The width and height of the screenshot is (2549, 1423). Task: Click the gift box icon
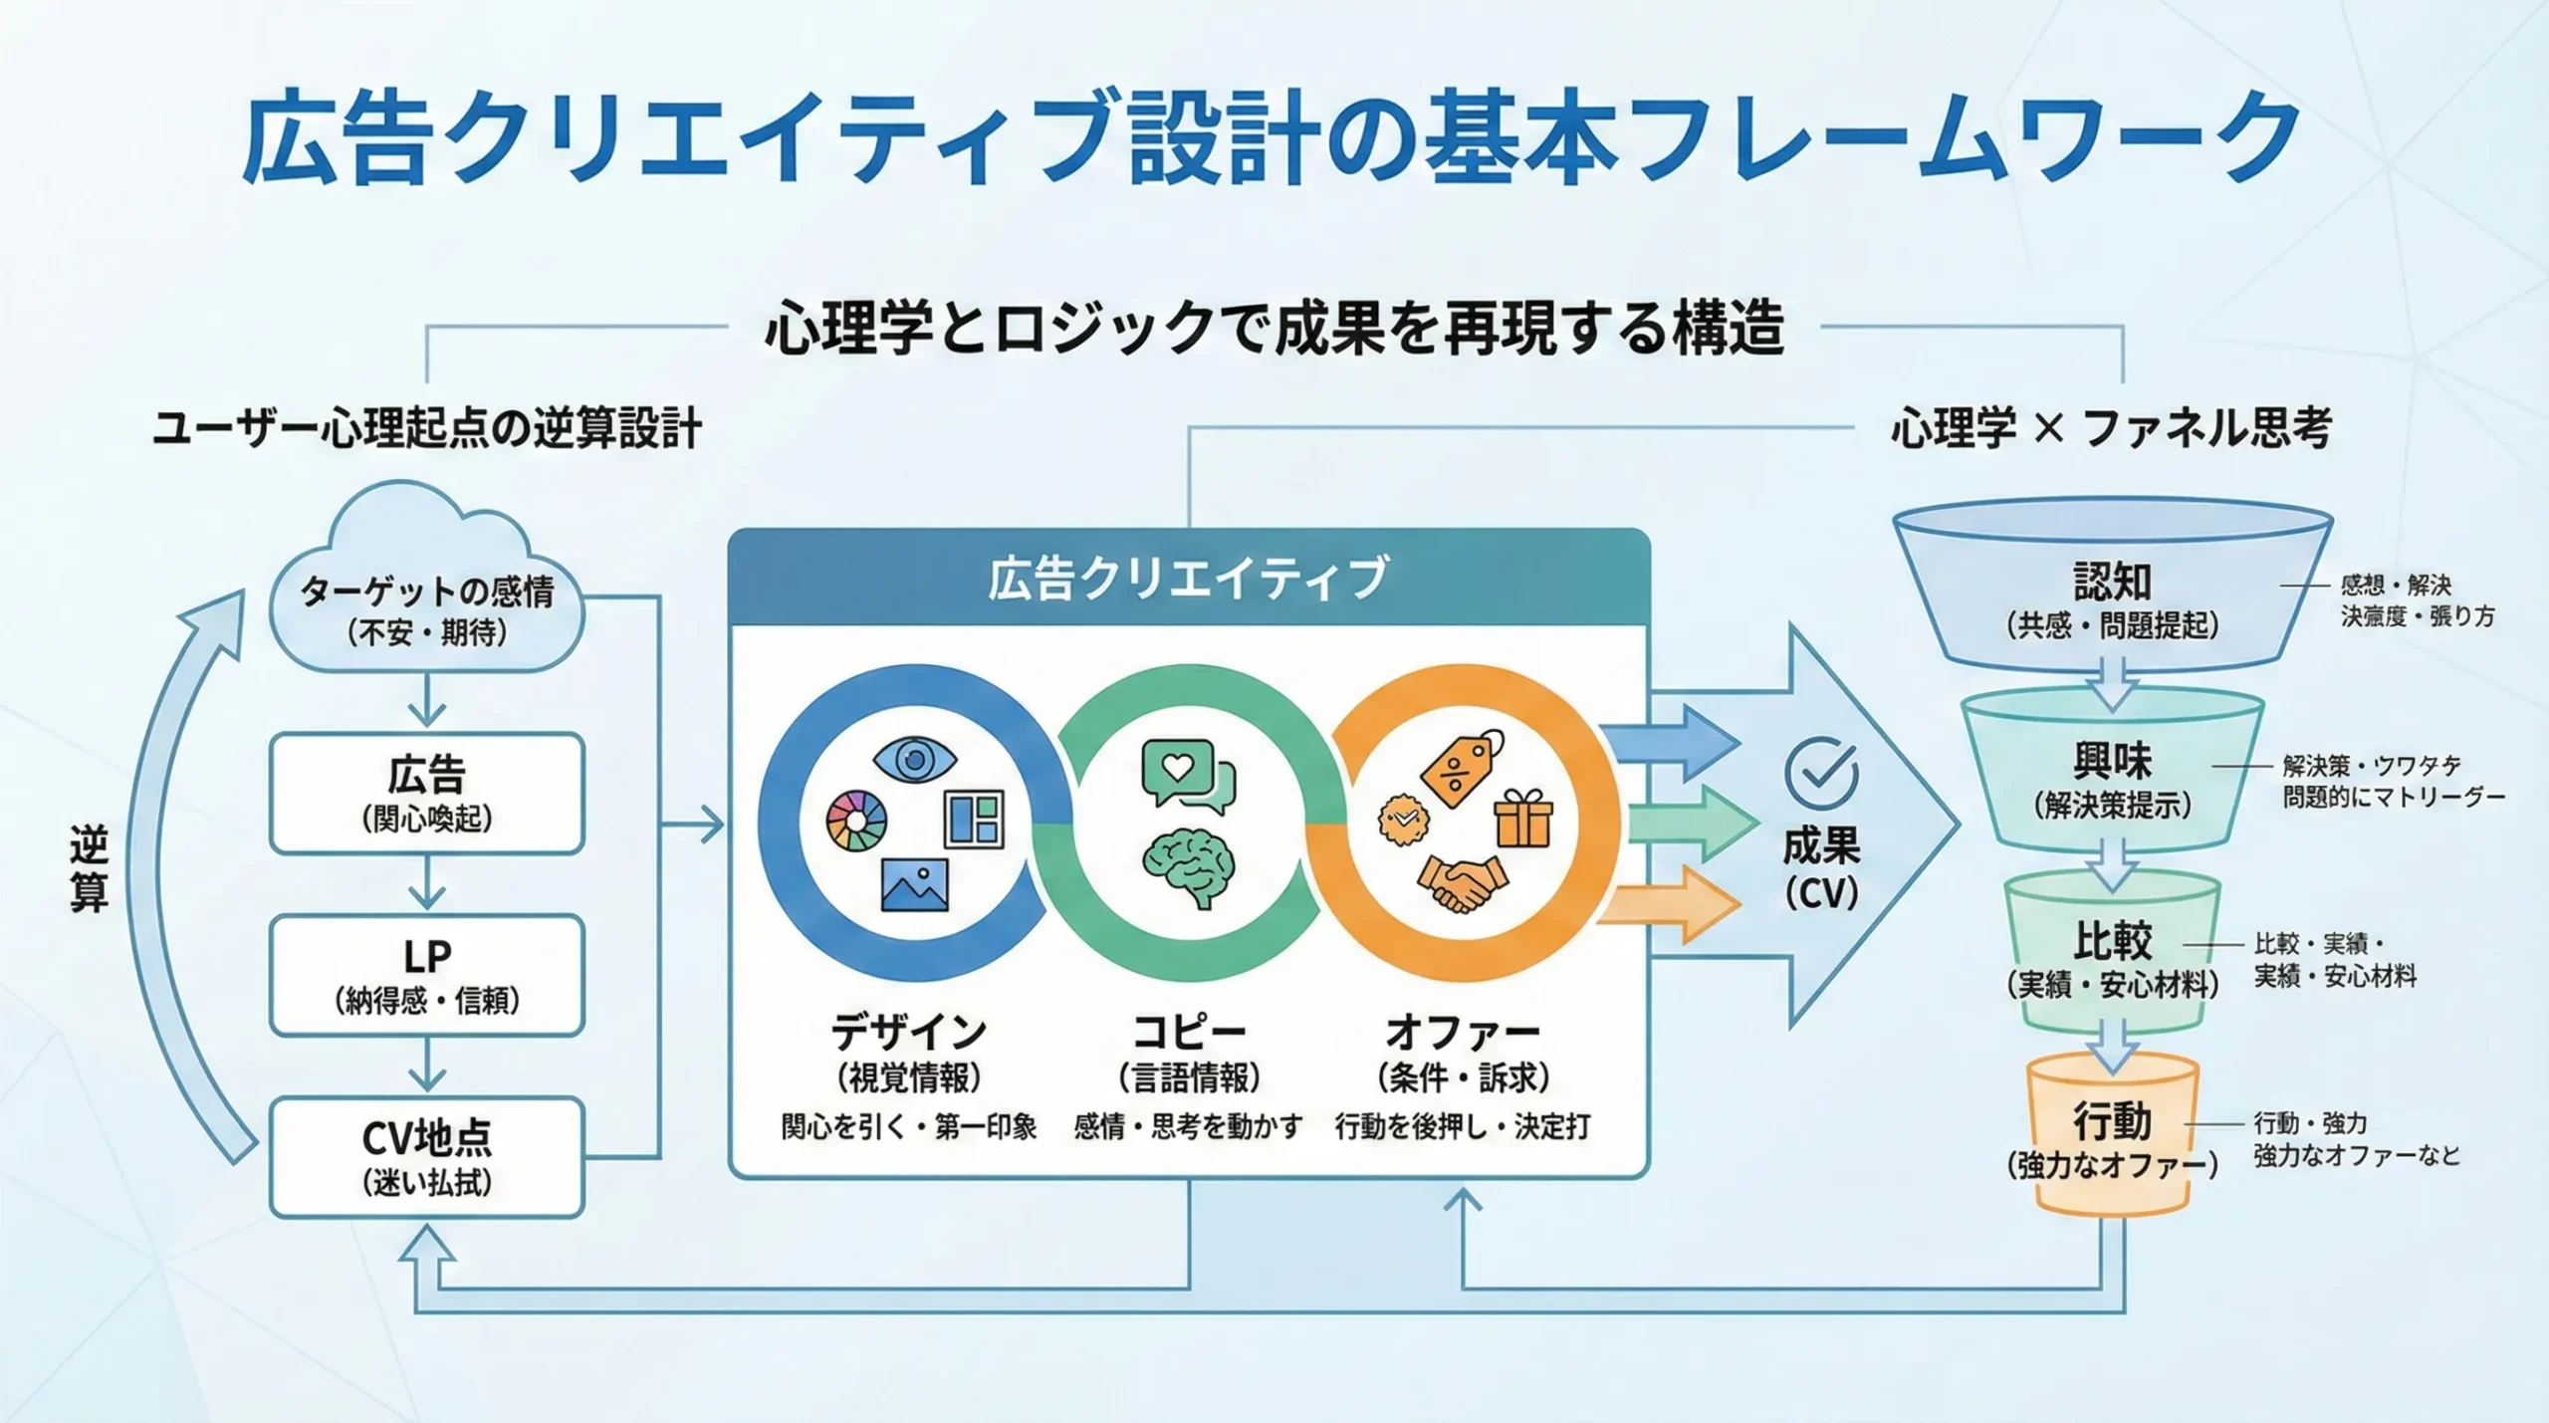tap(1523, 819)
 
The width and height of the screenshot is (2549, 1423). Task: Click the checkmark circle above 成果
tap(1821, 774)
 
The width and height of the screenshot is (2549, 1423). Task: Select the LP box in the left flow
tap(426, 975)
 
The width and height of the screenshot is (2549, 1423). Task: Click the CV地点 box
tap(426, 1156)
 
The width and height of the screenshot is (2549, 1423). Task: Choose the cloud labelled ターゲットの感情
tap(426, 597)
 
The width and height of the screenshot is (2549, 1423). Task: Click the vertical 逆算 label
tap(89, 868)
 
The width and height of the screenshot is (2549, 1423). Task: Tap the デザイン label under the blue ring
tap(908, 1033)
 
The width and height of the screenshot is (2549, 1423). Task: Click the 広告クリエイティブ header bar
tap(1188, 579)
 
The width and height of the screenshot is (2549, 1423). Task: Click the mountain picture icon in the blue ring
tap(914, 885)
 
